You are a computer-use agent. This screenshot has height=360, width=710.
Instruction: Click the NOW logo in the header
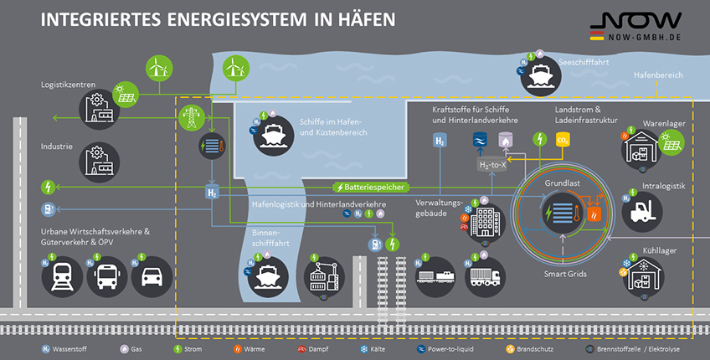pyautogui.click(x=635, y=26)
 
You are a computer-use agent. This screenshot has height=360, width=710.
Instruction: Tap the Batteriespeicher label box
pyautogui.click(x=371, y=187)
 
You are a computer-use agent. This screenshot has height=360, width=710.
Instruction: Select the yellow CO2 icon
pyautogui.click(x=563, y=140)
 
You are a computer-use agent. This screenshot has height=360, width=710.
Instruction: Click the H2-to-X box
pyautogui.click(x=492, y=165)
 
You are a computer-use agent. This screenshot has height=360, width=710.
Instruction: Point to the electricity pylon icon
pyautogui.click(x=192, y=117)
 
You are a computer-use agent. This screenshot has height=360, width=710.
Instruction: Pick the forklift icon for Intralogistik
pyautogui.click(x=642, y=212)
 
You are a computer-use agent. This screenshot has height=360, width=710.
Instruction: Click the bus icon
pyautogui.click(x=107, y=276)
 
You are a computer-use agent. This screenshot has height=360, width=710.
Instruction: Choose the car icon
pyautogui.click(x=152, y=276)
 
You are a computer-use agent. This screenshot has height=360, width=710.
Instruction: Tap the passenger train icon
pyautogui.click(x=62, y=276)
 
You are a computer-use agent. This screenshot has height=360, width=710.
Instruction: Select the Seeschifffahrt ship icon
pyautogui.click(x=541, y=76)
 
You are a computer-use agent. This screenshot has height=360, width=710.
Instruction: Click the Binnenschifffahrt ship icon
pyautogui.click(x=268, y=276)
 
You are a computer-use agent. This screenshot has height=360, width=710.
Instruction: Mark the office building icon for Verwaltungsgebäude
pyautogui.click(x=485, y=223)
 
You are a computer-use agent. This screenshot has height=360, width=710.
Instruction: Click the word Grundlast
pyautogui.click(x=563, y=183)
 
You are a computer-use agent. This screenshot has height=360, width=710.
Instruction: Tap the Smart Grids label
pyautogui.click(x=565, y=274)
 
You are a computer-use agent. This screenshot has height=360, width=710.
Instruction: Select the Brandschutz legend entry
pyautogui.click(x=529, y=349)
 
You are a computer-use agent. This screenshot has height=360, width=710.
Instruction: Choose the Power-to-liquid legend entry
pyautogui.click(x=445, y=349)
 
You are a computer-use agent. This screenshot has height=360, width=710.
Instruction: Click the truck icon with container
pyautogui.click(x=485, y=276)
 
